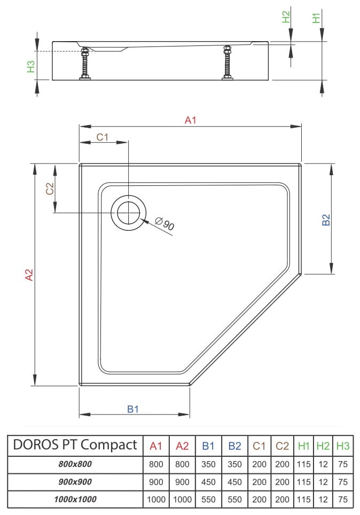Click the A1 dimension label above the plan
[190, 120]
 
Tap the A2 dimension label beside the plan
[29, 275]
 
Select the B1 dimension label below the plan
[133, 409]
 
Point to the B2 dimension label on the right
[325, 220]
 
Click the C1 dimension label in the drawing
[103, 137]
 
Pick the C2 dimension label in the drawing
[50, 189]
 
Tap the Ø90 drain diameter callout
[165, 224]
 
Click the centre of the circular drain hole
[128, 213]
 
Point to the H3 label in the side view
[30, 66]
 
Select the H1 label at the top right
[316, 18]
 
